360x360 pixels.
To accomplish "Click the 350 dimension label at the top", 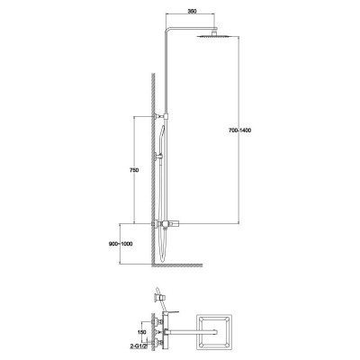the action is (x=193, y=12).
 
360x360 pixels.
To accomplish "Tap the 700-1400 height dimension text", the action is (x=239, y=130).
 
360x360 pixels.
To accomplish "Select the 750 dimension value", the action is (x=134, y=170).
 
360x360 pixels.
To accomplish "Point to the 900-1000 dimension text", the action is (x=121, y=244).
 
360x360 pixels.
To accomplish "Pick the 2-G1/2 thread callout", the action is (x=139, y=346).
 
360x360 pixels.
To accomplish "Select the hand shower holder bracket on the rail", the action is (x=159, y=156).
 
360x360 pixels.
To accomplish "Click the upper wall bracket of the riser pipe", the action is (x=161, y=116).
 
